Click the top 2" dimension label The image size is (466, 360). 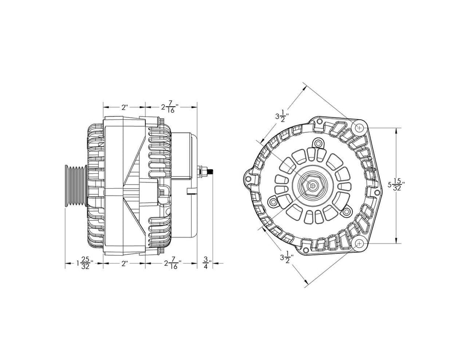(124, 107)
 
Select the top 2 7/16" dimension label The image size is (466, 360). (170, 108)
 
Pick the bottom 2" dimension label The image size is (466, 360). (124, 264)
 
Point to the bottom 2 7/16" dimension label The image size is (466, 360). (171, 264)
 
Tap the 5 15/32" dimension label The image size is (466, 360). (396, 184)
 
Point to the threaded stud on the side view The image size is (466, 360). (209, 171)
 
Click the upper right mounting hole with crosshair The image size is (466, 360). (360, 127)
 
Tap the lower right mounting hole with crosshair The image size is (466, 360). (360, 244)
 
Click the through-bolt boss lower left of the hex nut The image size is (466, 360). (274, 202)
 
